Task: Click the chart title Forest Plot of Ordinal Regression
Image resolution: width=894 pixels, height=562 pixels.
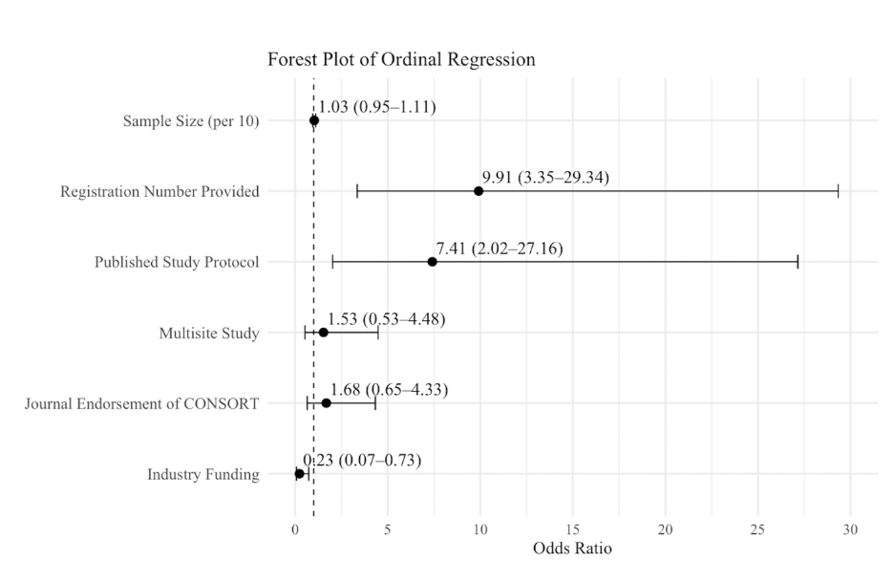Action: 401,59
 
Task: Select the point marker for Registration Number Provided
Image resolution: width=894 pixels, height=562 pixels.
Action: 479,191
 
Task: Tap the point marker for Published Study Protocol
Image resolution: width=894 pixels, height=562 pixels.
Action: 432,262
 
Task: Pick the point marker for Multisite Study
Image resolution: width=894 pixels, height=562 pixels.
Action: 323,333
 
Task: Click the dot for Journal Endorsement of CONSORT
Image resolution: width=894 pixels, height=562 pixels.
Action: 326,403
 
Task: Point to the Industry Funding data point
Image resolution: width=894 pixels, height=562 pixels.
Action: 299,473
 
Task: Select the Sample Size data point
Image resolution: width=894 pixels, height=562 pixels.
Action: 314,120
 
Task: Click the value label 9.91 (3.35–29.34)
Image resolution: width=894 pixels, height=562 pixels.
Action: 545,178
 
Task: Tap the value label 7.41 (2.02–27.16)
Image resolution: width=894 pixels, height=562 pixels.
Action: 500,249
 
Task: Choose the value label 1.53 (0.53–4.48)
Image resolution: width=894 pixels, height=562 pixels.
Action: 386,319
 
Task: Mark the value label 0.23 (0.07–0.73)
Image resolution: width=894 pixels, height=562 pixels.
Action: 362,460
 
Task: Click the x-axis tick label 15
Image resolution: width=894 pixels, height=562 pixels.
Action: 572,530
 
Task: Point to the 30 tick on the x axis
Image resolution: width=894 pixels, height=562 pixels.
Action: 850,530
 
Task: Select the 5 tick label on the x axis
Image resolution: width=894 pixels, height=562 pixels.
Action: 388,530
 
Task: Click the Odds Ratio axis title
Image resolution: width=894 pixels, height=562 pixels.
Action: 572,549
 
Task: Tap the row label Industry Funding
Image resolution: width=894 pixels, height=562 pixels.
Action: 203,474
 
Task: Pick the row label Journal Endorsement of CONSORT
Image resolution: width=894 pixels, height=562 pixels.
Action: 141,404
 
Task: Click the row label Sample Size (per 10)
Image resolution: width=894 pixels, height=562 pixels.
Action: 191,121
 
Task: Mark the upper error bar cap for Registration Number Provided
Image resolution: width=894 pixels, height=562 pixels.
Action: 839,191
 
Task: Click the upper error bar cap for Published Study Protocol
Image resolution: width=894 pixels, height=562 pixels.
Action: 798,262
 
